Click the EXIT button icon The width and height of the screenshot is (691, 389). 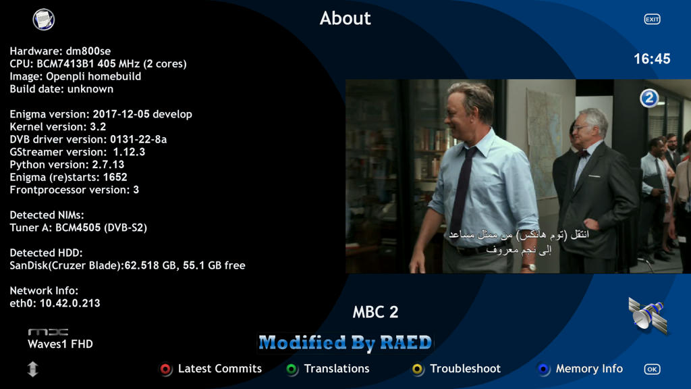pos(653,20)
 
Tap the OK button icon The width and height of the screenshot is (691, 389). pos(653,369)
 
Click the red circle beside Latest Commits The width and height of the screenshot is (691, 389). pos(166,369)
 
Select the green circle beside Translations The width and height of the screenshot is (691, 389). pos(292,369)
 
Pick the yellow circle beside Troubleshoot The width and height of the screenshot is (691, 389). pos(417,369)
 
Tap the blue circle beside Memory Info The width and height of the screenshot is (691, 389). pos(543,369)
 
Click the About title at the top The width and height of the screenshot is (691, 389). pos(345,18)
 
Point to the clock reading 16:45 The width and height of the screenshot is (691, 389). pos(652,59)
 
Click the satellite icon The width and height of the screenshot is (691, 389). pos(648,315)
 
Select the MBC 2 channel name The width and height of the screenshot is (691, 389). pos(375,312)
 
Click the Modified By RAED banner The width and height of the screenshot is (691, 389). pos(345,342)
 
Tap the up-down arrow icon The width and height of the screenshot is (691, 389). pos(32,369)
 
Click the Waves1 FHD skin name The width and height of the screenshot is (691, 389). pos(60,344)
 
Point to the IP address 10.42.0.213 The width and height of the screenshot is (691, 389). pos(70,303)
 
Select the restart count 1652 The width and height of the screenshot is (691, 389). pos(115,178)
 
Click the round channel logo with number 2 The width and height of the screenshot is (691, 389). pos(649,98)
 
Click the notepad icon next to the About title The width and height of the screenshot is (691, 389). pos(44,20)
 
